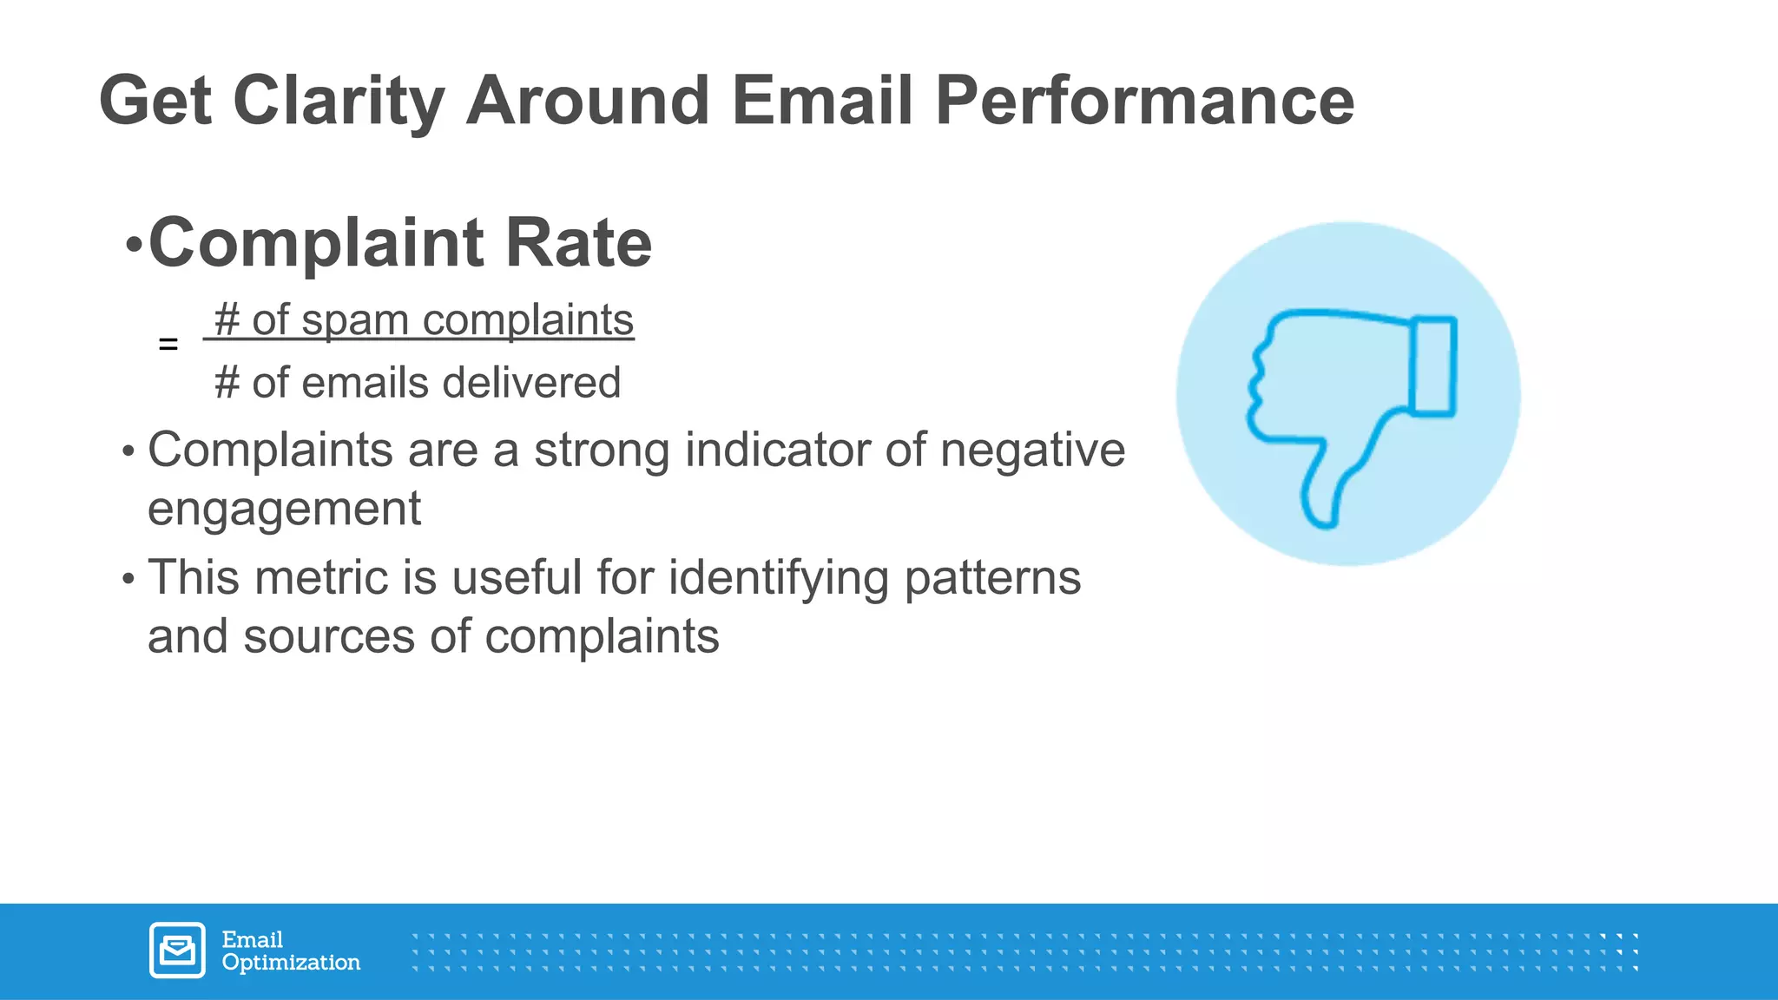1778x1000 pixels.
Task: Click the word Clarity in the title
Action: [339, 102]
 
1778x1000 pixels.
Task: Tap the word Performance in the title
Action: [1144, 102]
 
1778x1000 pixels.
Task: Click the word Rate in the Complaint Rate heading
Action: [578, 244]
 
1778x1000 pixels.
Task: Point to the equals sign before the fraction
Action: [168, 345]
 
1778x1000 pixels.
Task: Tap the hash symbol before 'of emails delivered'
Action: [227, 383]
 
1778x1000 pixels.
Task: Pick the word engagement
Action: [284, 509]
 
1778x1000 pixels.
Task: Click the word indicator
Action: [776, 451]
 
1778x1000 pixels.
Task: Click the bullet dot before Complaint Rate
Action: [133, 246]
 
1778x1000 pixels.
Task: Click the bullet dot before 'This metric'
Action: [128, 579]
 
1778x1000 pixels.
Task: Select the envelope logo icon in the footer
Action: [177, 951]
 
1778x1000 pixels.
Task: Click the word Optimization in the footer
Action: [291, 963]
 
